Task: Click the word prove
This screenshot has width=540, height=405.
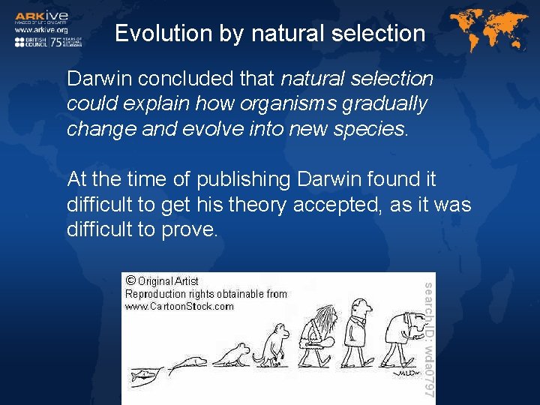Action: pos(190,230)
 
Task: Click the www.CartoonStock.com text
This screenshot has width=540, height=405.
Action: pos(179,306)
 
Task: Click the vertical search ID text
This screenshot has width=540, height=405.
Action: pos(428,338)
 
